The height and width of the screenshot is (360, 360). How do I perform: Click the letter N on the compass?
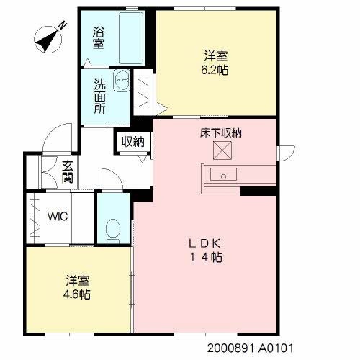tap(63, 25)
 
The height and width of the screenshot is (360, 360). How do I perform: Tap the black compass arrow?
tap(47, 40)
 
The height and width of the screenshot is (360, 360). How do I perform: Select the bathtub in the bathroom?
tap(131, 38)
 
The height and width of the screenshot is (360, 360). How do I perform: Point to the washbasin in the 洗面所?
tap(122, 81)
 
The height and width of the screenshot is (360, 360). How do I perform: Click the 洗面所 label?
tap(99, 96)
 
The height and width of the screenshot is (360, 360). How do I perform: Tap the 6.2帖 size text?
tap(215, 71)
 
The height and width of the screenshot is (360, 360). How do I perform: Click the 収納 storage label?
tap(132, 142)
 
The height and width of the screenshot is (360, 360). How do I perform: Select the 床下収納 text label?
tap(221, 132)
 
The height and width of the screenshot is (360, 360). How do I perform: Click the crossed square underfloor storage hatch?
tap(222, 150)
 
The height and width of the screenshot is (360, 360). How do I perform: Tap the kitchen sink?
tap(223, 174)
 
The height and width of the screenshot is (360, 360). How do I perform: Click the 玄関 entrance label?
tap(67, 171)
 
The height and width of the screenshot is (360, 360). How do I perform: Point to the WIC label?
tap(58, 216)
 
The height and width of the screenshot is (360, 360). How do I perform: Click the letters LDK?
tap(204, 244)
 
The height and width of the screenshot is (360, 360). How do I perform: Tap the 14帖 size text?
tap(206, 258)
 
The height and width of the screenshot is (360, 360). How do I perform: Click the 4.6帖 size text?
tap(77, 294)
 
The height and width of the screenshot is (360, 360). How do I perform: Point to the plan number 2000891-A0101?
tap(251, 348)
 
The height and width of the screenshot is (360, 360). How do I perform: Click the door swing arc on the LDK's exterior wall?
tap(291, 156)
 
